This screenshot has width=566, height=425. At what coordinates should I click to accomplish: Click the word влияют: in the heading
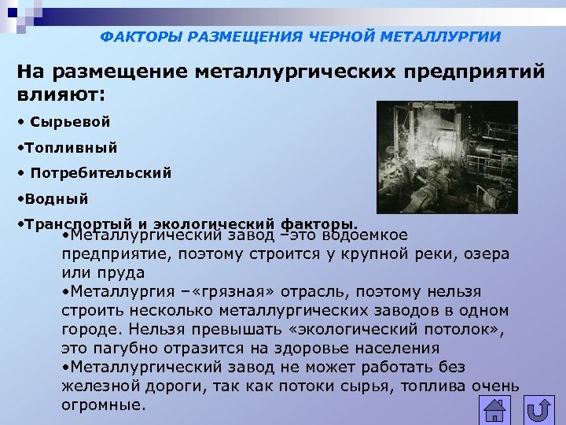60,94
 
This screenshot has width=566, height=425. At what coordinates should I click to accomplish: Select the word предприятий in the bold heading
474,72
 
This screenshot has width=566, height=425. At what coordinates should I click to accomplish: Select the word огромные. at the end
104,406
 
